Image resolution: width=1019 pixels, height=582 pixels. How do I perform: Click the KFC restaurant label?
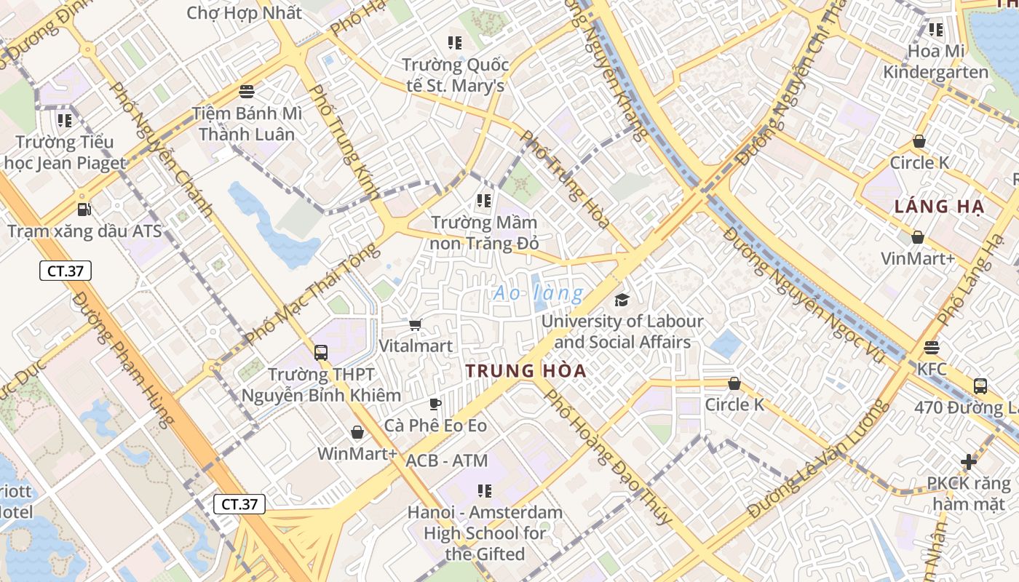click(932, 369)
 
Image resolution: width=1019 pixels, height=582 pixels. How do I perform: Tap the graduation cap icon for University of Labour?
click(622, 300)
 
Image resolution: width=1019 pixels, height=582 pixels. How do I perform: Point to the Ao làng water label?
click(538, 293)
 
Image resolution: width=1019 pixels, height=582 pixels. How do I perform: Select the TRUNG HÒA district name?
click(526, 370)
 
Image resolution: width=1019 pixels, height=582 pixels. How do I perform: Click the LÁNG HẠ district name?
click(939, 207)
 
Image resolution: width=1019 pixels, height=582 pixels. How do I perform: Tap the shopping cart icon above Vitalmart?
click(415, 325)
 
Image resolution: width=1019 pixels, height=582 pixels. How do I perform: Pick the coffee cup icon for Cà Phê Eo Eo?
click(435, 404)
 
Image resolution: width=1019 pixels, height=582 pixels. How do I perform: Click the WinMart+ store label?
click(357, 454)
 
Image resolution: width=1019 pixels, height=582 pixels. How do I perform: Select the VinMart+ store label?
click(918, 258)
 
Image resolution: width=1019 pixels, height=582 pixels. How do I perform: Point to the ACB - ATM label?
click(447, 461)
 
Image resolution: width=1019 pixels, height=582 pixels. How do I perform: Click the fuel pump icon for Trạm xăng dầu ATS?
click(84, 210)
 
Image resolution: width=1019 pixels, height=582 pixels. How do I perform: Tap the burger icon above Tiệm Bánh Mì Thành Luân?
click(247, 92)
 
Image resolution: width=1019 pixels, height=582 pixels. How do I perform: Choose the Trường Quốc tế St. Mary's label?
click(456, 75)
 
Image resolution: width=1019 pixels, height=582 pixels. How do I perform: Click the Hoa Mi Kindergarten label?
click(936, 62)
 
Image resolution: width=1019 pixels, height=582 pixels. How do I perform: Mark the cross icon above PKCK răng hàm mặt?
click(968, 461)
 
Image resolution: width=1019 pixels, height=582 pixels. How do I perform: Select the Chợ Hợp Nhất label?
click(244, 13)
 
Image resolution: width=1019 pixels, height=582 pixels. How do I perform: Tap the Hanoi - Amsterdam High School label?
click(485, 533)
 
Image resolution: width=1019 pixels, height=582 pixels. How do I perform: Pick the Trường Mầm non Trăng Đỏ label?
click(485, 232)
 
